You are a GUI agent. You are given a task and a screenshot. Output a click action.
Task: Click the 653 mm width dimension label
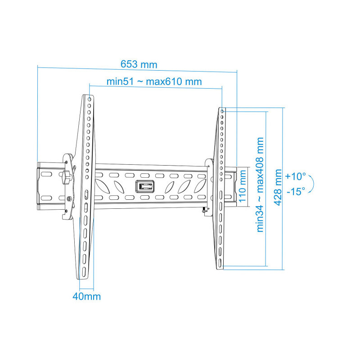click(x=139, y=64)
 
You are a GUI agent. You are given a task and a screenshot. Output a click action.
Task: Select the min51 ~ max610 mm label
click(x=154, y=81)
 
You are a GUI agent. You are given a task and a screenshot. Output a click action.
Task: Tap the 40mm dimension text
click(x=87, y=297)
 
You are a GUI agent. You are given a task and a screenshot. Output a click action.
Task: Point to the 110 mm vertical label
click(x=242, y=186)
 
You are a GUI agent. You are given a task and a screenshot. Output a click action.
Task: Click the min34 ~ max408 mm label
click(x=260, y=185)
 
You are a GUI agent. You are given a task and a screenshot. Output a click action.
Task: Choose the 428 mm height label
click(x=278, y=187)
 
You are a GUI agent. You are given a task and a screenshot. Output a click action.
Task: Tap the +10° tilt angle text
click(x=296, y=176)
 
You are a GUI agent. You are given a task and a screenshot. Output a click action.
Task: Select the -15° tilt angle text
click(x=296, y=191)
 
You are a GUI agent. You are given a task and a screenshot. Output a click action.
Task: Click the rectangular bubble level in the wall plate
click(x=144, y=185)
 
